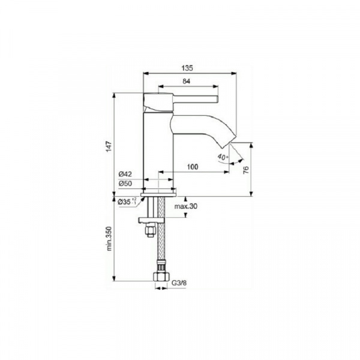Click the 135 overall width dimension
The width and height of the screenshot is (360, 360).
pos(187,68)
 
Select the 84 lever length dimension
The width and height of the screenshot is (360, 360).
pos(187,81)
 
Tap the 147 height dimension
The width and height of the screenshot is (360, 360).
pos(109,146)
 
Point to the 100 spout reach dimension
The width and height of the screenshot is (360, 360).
pos(193,167)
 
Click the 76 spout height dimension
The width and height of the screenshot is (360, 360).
pos(246,170)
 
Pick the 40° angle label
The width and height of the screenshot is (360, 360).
pos(223,157)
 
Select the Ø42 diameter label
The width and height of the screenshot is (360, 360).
pos(125,174)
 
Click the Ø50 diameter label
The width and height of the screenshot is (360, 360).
pos(125,184)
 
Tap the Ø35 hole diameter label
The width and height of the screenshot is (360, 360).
pos(127,202)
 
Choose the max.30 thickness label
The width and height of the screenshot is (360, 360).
pos(186,206)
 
